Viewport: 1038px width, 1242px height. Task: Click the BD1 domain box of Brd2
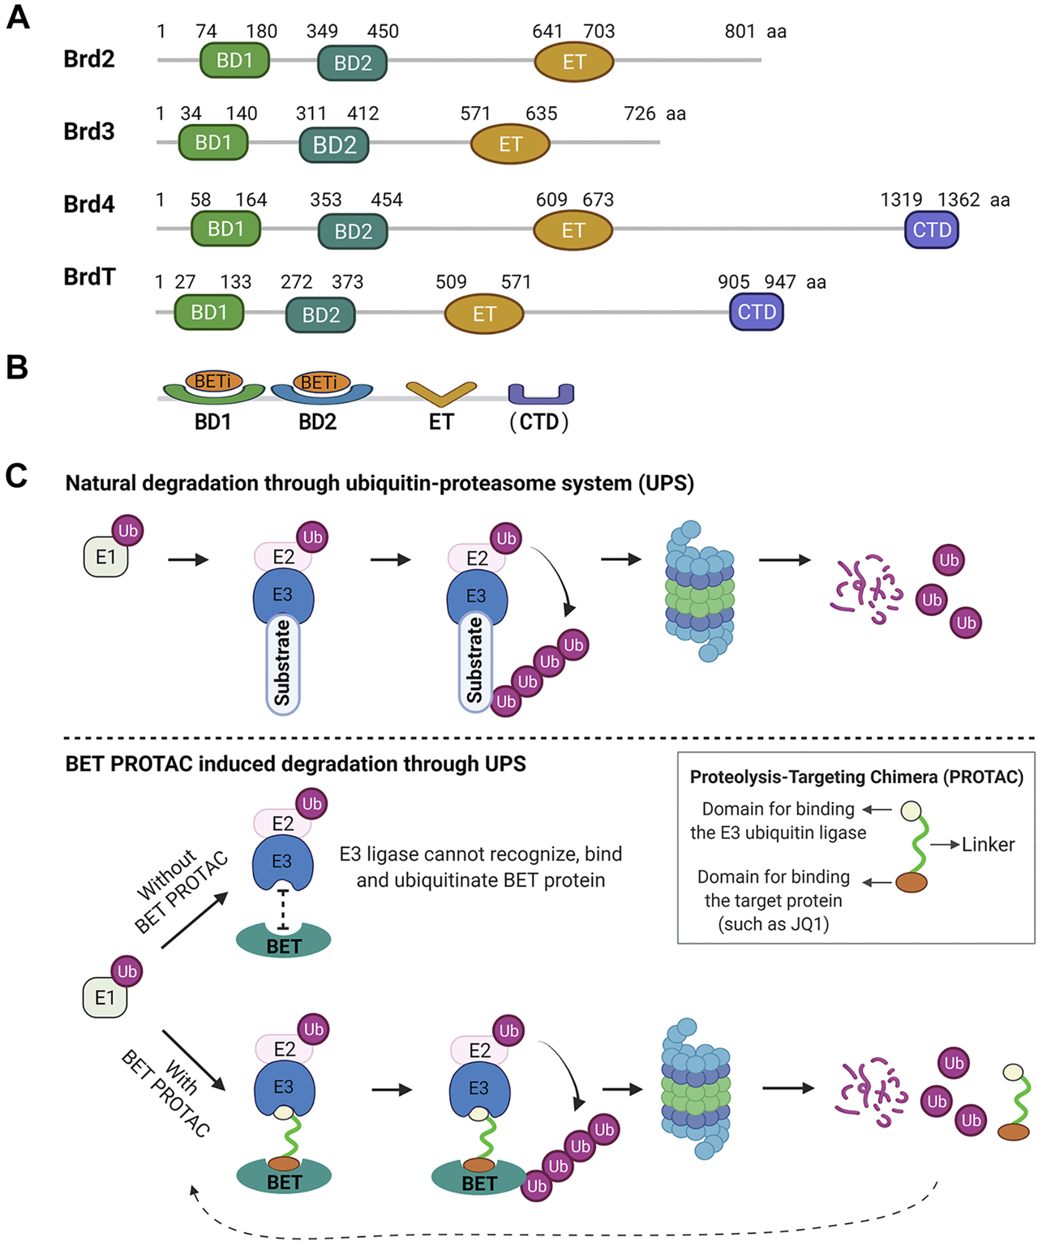pos(234,61)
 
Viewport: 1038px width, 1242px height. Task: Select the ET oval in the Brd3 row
pos(510,144)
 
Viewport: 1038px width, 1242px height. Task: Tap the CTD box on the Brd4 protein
pos(932,230)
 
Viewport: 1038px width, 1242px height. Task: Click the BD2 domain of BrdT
pos(320,315)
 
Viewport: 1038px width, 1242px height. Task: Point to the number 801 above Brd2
pos(740,32)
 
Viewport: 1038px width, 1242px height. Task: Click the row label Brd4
pos(89,204)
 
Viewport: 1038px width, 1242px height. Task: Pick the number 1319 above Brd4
pos(901,200)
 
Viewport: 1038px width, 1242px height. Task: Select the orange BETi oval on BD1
pos(213,380)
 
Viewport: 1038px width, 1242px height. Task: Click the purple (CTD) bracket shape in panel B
pos(541,394)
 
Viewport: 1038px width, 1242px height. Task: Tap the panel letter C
pos(17,476)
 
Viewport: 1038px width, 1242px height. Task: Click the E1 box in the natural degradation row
pos(105,558)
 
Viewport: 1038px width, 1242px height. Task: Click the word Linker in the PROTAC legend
pos(988,845)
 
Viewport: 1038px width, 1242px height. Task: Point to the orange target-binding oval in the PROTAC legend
pos(911,882)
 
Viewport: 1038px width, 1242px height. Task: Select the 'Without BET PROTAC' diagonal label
pos(181,891)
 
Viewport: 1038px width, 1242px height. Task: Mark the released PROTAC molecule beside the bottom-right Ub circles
pos(1014,1103)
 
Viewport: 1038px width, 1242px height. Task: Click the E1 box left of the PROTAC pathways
pos(105,997)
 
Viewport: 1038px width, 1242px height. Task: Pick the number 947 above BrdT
pos(779,282)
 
